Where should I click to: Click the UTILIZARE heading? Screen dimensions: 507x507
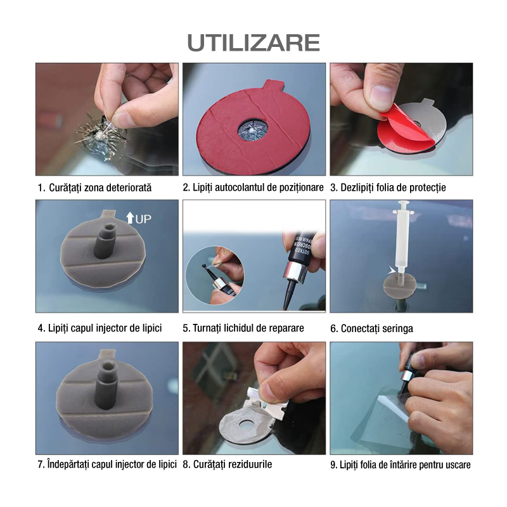pyautogui.click(x=253, y=42)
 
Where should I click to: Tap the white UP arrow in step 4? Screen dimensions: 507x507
pyautogui.click(x=130, y=217)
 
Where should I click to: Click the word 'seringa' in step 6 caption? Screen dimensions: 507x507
pyautogui.click(x=397, y=328)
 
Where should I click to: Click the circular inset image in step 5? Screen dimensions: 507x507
pyautogui.click(x=214, y=275)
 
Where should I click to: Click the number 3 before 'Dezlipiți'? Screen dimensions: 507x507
pyautogui.click(x=333, y=188)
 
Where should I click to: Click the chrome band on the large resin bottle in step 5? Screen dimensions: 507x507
pyautogui.click(x=295, y=271)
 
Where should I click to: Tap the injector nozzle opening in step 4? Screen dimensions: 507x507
pyautogui.click(x=109, y=226)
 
